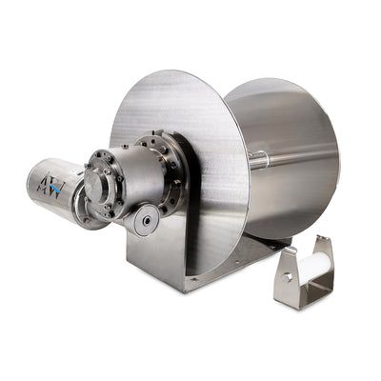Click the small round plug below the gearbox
coord(145,221)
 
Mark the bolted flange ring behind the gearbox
coord(167,171)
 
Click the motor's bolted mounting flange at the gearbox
coord(91,190)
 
